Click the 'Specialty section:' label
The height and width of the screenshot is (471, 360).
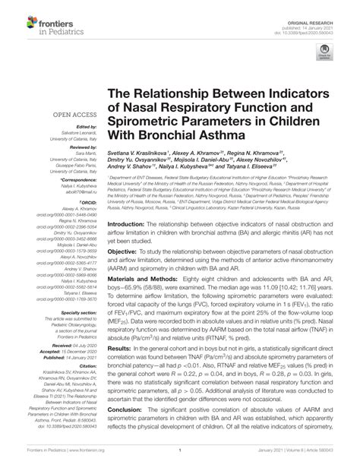[62, 312]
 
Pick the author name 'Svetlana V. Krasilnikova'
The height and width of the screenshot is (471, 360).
[141, 153]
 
